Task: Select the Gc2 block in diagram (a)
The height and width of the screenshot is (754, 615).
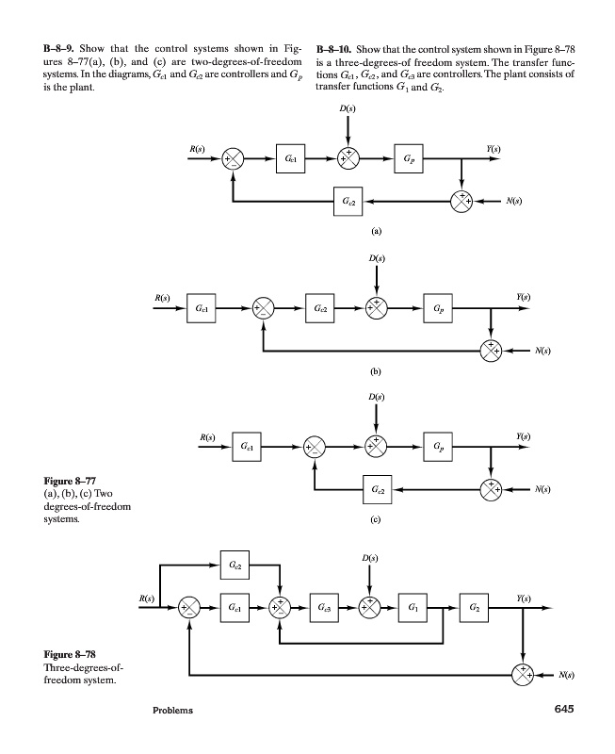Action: pos(349,201)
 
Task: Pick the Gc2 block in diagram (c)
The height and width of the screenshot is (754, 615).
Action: pos(379,489)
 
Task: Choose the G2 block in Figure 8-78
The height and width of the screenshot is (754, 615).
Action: pos(475,606)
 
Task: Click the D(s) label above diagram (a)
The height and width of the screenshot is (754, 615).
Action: pos(348,111)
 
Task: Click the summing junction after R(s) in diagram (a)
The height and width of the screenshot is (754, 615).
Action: pos(233,160)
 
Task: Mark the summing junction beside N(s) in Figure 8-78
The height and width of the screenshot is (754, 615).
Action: pos(521,674)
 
